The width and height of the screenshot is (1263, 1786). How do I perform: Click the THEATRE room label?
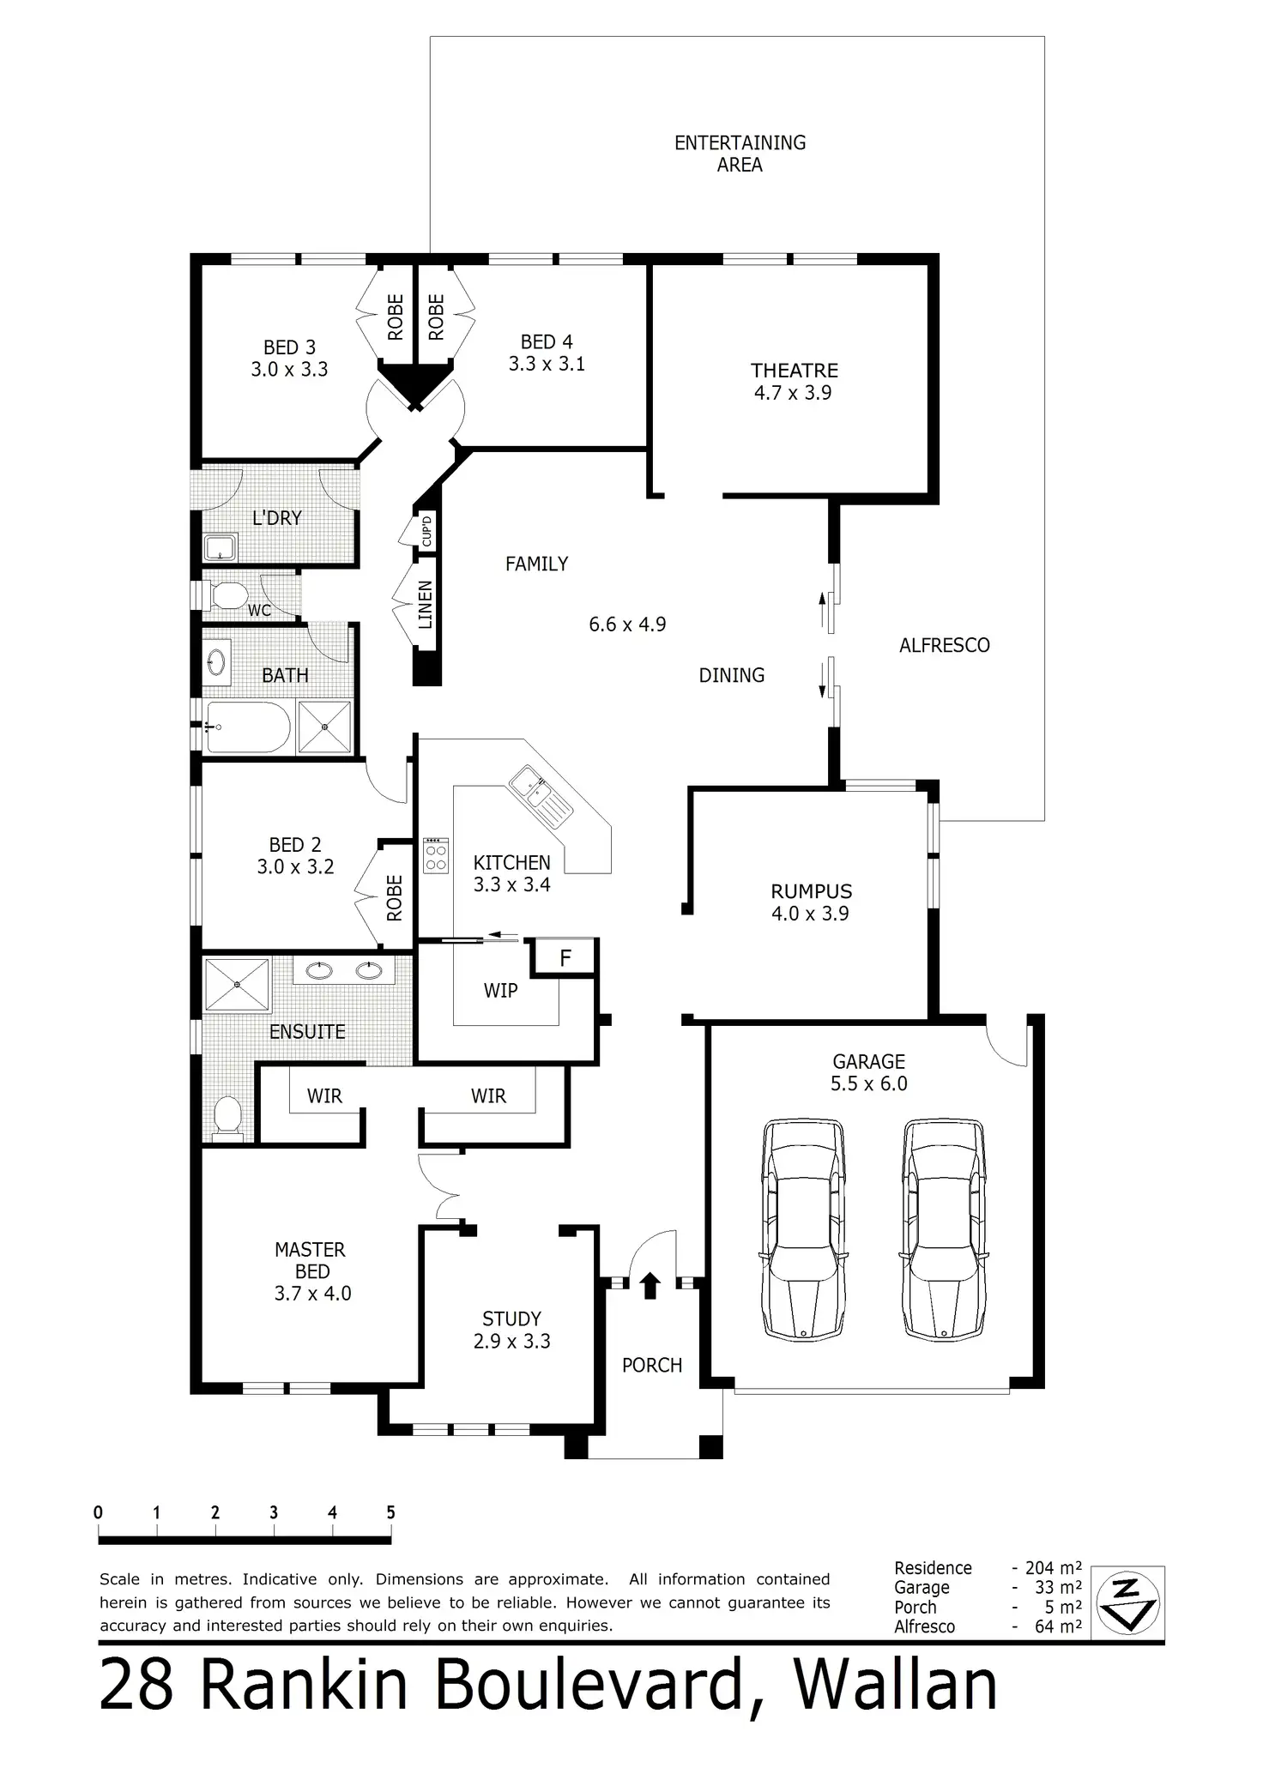pyautogui.click(x=795, y=371)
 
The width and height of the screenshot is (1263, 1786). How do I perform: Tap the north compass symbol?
pyautogui.click(x=1127, y=1603)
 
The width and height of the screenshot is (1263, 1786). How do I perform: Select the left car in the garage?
pyautogui.click(x=803, y=1228)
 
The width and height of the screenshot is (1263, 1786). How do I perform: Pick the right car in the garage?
pyautogui.click(x=943, y=1228)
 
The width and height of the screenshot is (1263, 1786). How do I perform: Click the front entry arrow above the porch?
pyautogui.click(x=650, y=1285)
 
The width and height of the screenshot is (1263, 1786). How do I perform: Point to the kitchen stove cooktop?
pyautogui.click(x=436, y=855)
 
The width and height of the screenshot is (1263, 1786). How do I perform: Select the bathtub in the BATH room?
pyautogui.click(x=248, y=727)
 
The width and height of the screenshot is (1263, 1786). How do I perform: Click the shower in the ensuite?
pyautogui.click(x=237, y=985)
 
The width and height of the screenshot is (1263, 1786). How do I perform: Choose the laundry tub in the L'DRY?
pyautogui.click(x=221, y=546)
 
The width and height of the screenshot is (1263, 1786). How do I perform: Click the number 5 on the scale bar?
pyautogui.click(x=390, y=1512)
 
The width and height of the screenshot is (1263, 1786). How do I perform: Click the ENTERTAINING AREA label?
pyautogui.click(x=740, y=154)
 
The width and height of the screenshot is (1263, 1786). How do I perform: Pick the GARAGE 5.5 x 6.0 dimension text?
pyautogui.click(x=869, y=1083)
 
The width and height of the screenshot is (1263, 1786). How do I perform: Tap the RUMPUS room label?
pyautogui.click(x=811, y=891)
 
